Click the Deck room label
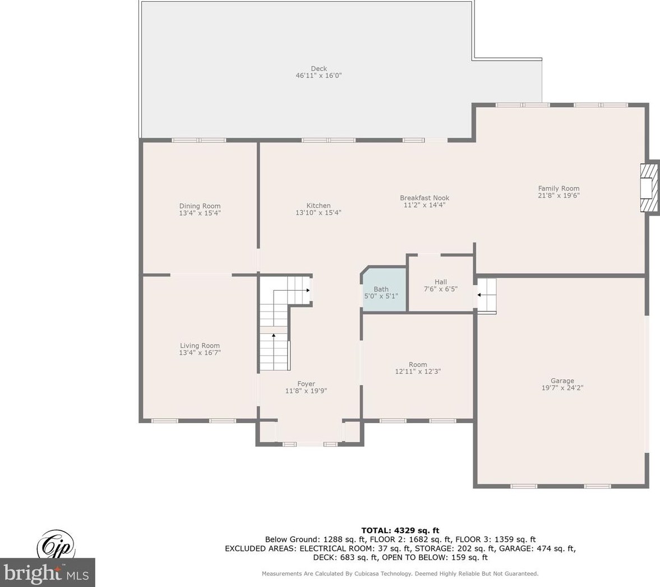pyautogui.click(x=319, y=68)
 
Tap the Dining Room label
pyautogui.click(x=200, y=206)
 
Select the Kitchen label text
pyautogui.click(x=318, y=205)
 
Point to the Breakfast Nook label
pyautogui.click(x=424, y=198)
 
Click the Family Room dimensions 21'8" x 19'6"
pyautogui.click(x=559, y=195)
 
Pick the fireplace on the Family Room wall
pyautogui.click(x=649, y=187)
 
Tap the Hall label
pyautogui.click(x=441, y=282)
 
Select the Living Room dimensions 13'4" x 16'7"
pyautogui.click(x=200, y=353)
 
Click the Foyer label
pyautogui.click(x=306, y=384)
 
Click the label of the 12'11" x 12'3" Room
pyautogui.click(x=418, y=365)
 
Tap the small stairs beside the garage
pyautogui.click(x=487, y=295)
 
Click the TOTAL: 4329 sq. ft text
pyautogui.click(x=400, y=530)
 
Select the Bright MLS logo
pyautogui.click(x=48, y=572)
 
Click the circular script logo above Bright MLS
pyautogui.click(x=57, y=546)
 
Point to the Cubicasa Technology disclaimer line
pyautogui.click(x=400, y=574)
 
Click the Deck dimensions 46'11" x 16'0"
pyautogui.click(x=319, y=76)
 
